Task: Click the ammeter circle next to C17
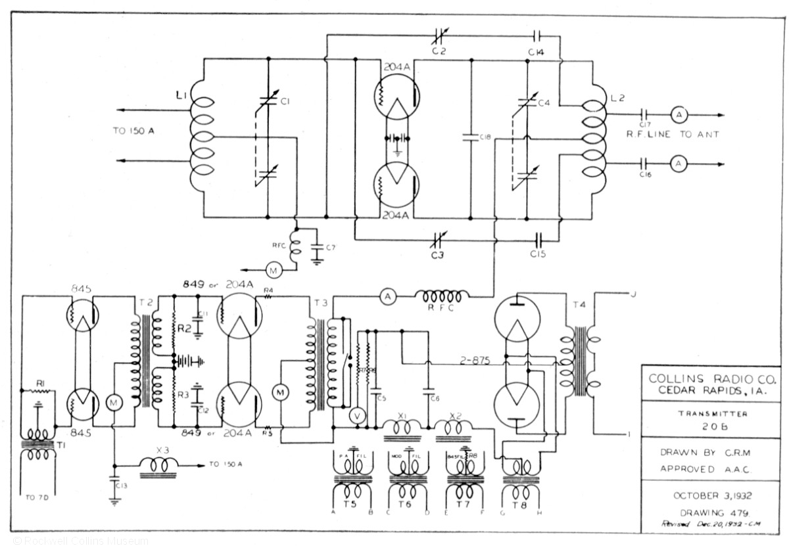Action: (679, 114)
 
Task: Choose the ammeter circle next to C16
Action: (679, 162)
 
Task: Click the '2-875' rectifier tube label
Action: (475, 361)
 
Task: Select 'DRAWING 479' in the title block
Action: (713, 512)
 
